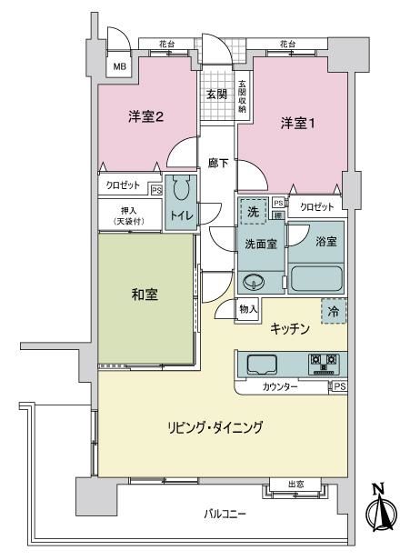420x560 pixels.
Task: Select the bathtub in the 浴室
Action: coord(316,278)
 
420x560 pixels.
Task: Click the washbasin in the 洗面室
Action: coord(254,282)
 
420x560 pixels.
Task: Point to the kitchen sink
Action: coord(262,365)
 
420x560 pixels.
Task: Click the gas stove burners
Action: coord(324,364)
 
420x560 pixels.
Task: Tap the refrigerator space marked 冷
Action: coord(334,312)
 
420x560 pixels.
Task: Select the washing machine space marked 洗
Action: coord(254,212)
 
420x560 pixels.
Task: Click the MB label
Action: coord(120,66)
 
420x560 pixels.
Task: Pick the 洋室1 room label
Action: coord(297,124)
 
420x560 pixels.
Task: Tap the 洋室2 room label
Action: coord(145,116)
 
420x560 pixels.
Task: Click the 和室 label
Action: coord(145,295)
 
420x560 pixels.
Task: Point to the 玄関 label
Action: coord(216,95)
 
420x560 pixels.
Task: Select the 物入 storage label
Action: coord(248,309)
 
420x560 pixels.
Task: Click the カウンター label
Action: coord(280,386)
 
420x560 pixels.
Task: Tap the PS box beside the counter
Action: coord(340,386)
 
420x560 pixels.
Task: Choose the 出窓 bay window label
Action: coord(296,485)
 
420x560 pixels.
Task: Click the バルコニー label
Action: coord(225,515)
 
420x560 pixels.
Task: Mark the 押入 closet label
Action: coord(129,211)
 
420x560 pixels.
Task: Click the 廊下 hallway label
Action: coord(218,164)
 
